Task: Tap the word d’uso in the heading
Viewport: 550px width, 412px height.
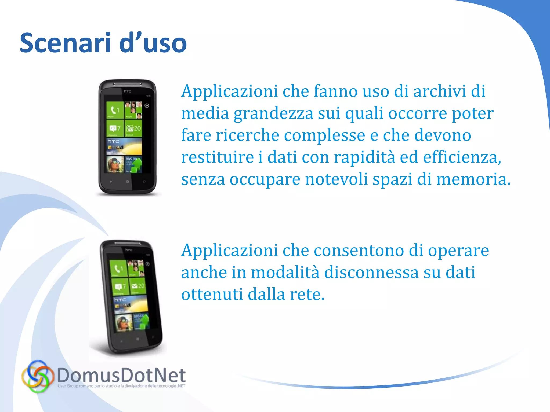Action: click(x=153, y=43)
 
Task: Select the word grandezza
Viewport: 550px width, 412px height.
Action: click(x=273, y=113)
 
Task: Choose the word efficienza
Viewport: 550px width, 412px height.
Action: click(x=462, y=157)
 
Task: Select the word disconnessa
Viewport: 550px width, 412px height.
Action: click(x=371, y=272)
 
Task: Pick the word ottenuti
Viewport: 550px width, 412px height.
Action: click(x=212, y=294)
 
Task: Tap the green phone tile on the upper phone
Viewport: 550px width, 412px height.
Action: click(x=115, y=110)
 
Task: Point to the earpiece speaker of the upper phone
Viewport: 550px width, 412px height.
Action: click(x=128, y=84)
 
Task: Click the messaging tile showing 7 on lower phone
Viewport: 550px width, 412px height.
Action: click(x=120, y=287)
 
